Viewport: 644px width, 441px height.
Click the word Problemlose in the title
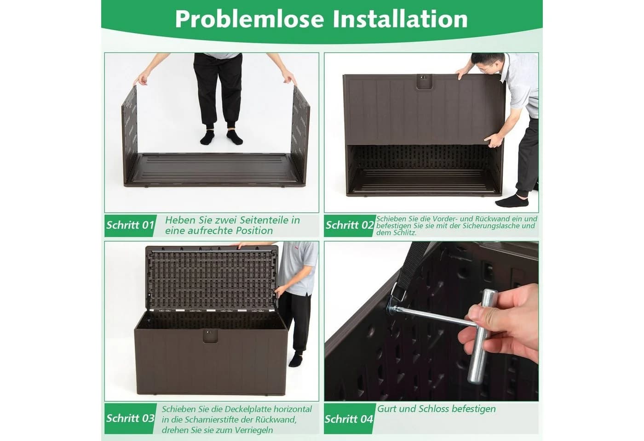(249, 19)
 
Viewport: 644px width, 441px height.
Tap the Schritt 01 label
(130, 225)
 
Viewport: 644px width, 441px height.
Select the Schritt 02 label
(350, 225)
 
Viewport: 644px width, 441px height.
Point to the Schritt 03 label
(130, 418)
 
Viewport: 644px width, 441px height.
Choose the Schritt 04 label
(349, 419)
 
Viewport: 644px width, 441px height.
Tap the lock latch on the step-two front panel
(424, 82)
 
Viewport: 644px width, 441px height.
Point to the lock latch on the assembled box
(211, 336)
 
